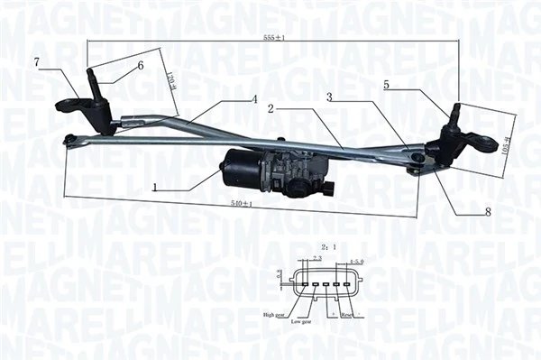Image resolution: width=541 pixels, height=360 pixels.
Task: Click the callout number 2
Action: click(270, 108)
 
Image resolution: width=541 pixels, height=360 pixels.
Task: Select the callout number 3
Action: click(330, 97)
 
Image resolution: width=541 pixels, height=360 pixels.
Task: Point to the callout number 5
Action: click(387, 85)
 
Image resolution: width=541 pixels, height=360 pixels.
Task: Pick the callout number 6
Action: click(141, 65)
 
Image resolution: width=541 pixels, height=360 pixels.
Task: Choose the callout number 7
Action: click(36, 61)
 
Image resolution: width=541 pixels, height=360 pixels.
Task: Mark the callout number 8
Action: click(488, 212)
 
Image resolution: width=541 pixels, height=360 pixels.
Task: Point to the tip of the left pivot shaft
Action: click(91, 72)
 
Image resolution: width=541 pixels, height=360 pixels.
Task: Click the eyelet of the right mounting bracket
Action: click(490, 143)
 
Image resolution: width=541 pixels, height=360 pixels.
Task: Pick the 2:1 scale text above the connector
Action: click(328, 245)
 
